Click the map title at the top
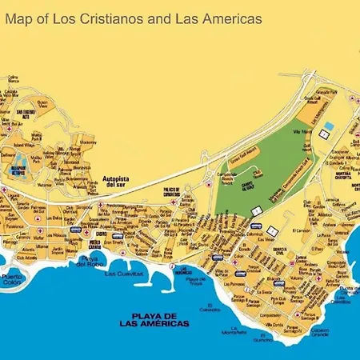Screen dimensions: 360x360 136,18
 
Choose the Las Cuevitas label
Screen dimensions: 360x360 124,273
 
